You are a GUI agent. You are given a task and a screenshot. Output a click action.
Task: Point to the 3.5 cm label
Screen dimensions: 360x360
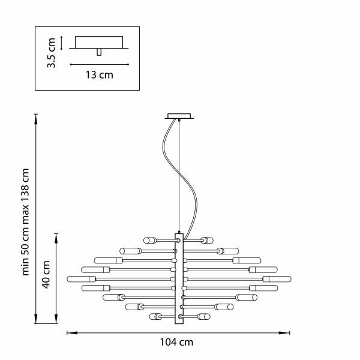(x=52, y=53)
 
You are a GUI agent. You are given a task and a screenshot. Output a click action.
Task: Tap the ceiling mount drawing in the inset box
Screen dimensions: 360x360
(x=99, y=44)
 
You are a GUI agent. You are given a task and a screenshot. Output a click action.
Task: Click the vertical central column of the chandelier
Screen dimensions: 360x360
(x=178, y=278)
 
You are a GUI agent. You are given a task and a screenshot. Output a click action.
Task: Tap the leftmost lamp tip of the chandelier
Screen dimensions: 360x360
(x=69, y=279)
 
